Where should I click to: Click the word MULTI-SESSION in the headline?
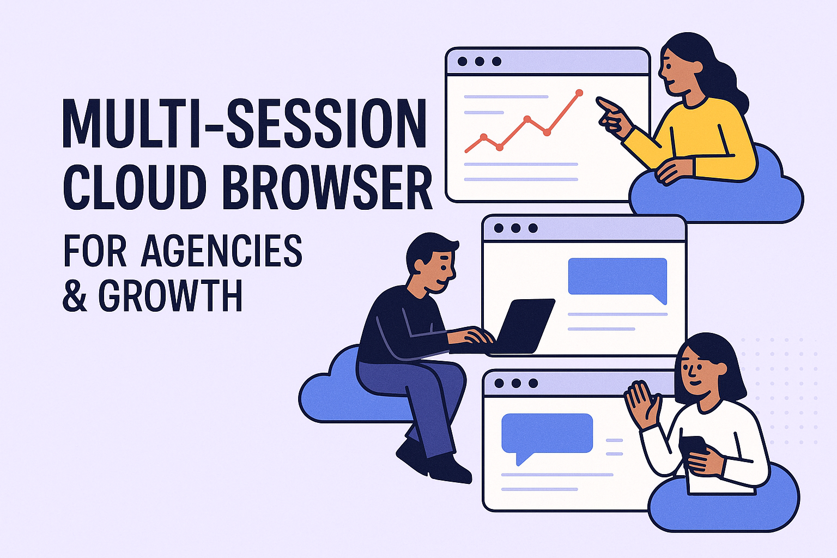tap(244, 124)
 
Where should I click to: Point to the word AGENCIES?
tap(221, 251)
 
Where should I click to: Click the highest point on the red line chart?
tap(579, 93)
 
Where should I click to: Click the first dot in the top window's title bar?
tap(462, 62)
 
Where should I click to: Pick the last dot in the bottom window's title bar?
tap(533, 384)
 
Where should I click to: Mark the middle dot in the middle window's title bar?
tap(515, 228)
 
